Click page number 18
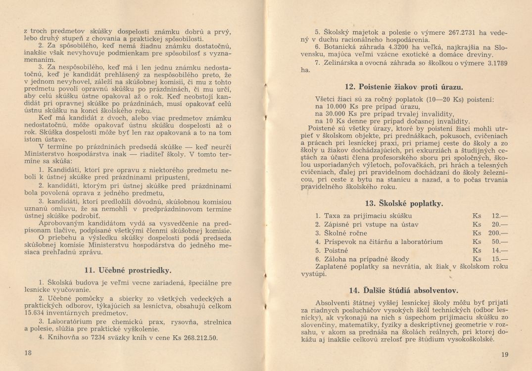(x=28, y=353)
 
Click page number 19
(x=504, y=354)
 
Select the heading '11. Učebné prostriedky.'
(x=128, y=270)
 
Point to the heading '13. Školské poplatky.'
(x=404, y=203)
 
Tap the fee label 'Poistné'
(x=337, y=250)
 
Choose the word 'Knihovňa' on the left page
(x=61, y=338)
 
